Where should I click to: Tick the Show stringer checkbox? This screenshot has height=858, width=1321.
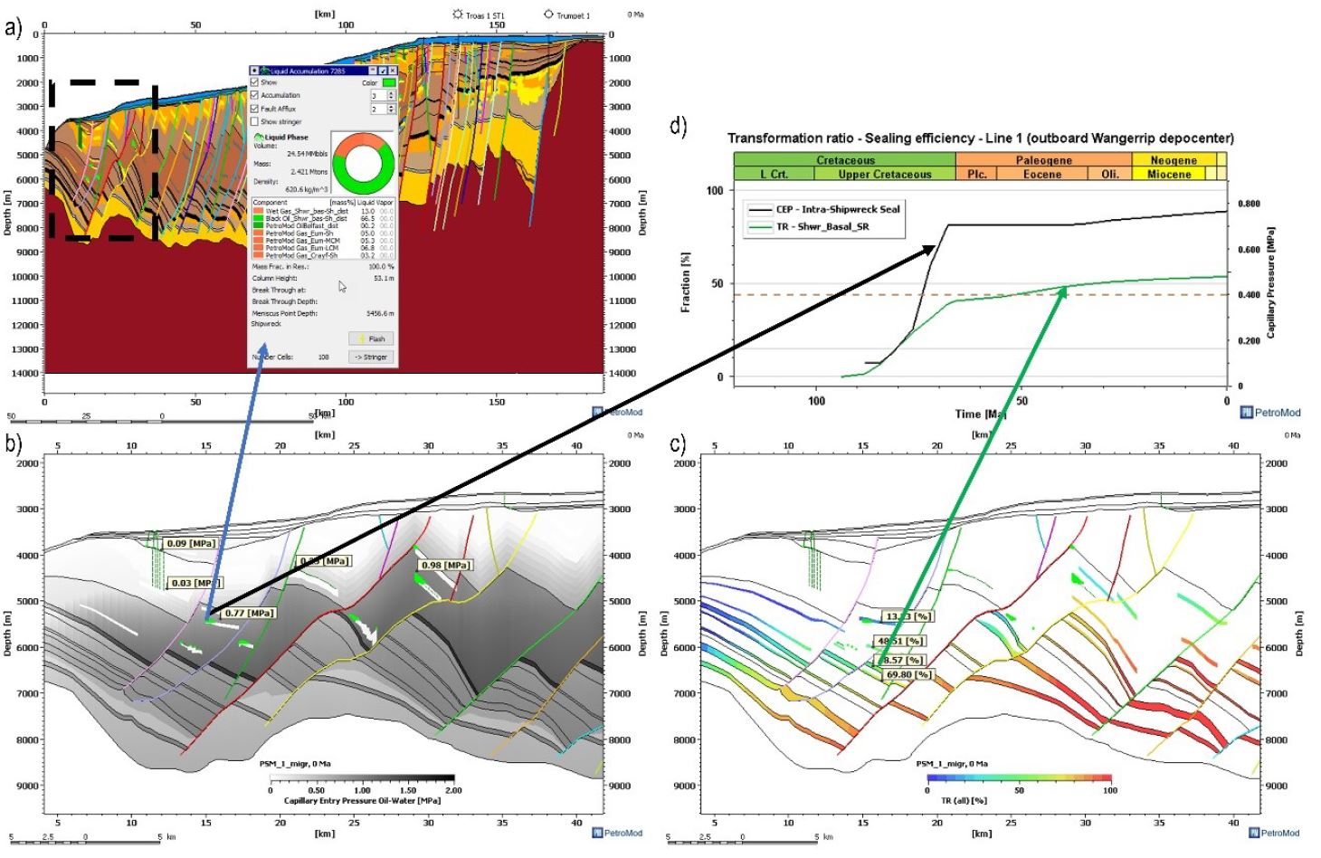[255, 121]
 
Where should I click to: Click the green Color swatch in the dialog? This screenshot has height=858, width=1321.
[388, 82]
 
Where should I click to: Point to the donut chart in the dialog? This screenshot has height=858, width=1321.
[363, 160]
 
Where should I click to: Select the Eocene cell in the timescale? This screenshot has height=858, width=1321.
[1042, 175]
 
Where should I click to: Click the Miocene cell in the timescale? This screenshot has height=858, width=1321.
[1169, 175]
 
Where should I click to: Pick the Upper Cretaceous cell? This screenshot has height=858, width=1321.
[884, 175]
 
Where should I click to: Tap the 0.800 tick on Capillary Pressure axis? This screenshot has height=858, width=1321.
[1249, 204]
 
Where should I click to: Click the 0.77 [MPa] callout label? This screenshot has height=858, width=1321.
[250, 614]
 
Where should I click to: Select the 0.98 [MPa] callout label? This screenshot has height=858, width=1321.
[445, 566]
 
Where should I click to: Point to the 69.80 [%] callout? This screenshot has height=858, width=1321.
[908, 674]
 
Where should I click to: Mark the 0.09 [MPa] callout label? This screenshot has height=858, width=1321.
[191, 544]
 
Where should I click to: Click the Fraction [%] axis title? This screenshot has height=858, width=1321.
[685, 283]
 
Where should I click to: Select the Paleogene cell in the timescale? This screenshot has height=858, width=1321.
[1043, 160]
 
